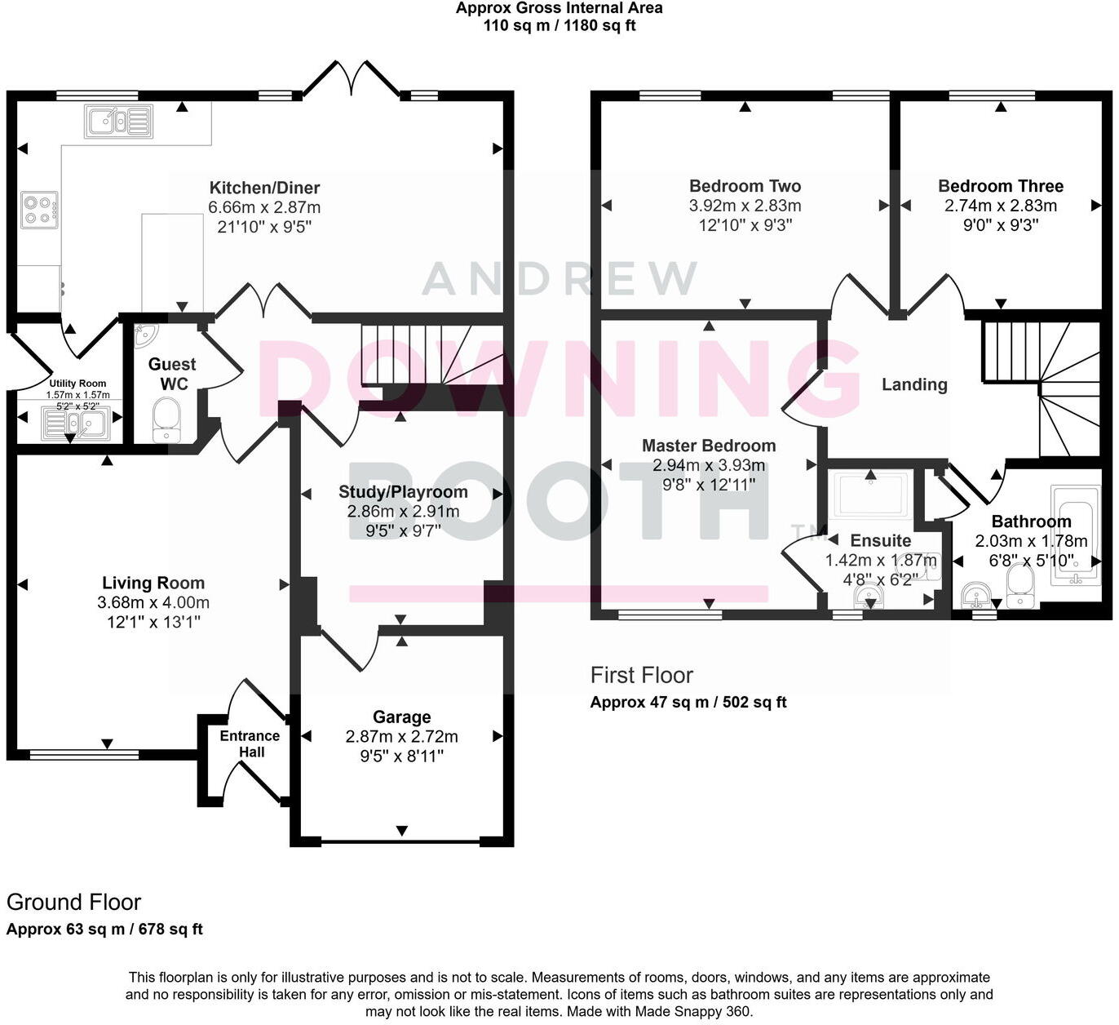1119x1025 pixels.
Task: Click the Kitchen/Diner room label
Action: (x=264, y=188)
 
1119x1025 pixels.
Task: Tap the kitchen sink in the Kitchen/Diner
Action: (x=118, y=122)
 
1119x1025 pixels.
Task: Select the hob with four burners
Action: (x=39, y=210)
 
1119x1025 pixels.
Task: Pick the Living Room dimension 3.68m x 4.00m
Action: (x=153, y=603)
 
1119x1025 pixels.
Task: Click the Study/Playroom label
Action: (x=403, y=492)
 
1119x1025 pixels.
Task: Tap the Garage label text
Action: (x=401, y=717)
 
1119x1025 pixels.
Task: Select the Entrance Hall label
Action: (x=250, y=743)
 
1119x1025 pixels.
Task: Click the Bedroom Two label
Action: (x=745, y=186)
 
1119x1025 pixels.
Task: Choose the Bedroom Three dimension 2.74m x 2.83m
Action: (x=1000, y=206)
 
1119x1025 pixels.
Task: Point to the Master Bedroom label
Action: (x=709, y=446)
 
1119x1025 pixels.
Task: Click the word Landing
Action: (x=914, y=384)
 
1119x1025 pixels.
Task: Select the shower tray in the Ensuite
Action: (x=871, y=495)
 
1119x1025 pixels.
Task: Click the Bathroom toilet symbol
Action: (x=1019, y=587)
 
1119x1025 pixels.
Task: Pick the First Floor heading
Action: (x=641, y=676)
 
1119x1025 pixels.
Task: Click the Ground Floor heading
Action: (x=73, y=903)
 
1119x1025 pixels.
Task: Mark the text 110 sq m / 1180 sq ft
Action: (x=559, y=25)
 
